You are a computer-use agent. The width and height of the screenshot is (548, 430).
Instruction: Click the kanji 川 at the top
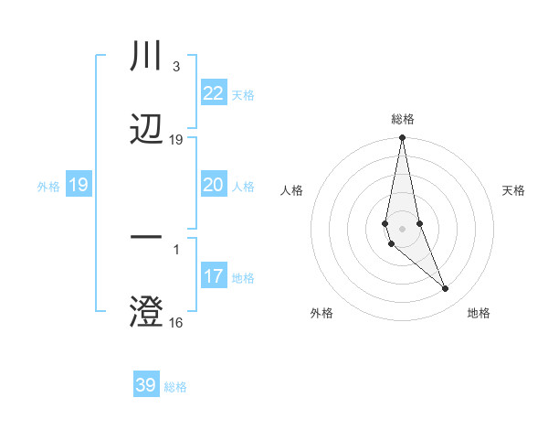coord(146,57)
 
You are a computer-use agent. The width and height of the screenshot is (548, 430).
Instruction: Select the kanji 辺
coord(146,128)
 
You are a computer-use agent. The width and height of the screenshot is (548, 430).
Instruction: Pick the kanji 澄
coord(146,310)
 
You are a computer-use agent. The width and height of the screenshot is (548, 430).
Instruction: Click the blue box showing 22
coord(213,94)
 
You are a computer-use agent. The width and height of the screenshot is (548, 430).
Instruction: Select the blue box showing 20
coord(213,186)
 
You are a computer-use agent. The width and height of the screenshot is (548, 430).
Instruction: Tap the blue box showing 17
coord(213,276)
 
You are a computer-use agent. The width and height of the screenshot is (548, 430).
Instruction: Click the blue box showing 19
coord(78,186)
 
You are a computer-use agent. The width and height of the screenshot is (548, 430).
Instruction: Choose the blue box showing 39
coord(146,385)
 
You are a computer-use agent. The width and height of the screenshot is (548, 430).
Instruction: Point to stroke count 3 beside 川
coord(175,67)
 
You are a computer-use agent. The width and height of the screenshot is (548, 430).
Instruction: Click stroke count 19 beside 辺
coord(176,140)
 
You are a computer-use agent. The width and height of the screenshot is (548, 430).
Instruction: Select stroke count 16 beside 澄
coord(176,322)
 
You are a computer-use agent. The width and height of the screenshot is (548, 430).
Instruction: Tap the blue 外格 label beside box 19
coord(48,187)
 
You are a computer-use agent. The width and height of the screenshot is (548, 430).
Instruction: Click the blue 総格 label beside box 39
coord(175,386)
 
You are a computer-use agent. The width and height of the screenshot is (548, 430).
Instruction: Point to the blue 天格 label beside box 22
coord(242,95)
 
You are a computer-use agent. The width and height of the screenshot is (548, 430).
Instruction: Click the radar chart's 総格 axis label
coord(403,119)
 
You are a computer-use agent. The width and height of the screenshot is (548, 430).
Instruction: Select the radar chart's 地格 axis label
coord(479,313)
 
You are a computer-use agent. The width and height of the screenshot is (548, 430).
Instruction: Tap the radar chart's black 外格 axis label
coord(321,313)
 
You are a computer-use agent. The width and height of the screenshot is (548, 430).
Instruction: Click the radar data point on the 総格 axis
coord(402,138)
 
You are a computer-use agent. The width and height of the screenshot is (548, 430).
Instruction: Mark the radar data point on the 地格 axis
coord(446,289)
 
